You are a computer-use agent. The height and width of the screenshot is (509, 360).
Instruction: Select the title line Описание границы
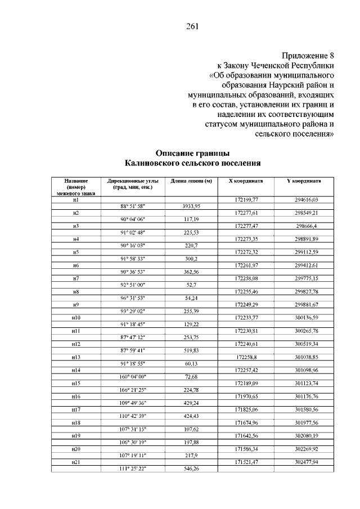pyautogui.click(x=192, y=153)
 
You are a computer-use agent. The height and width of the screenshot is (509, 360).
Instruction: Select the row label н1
pyautogui.click(x=75, y=200)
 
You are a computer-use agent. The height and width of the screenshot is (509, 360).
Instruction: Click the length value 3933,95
pyautogui.click(x=191, y=206)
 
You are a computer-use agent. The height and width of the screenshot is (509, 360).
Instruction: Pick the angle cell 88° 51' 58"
pyautogui.click(x=132, y=206)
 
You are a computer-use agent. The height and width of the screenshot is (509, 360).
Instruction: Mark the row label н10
pyautogui.click(x=75, y=318)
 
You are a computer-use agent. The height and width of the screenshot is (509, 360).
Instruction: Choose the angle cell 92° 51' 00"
pyautogui.click(x=132, y=285)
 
